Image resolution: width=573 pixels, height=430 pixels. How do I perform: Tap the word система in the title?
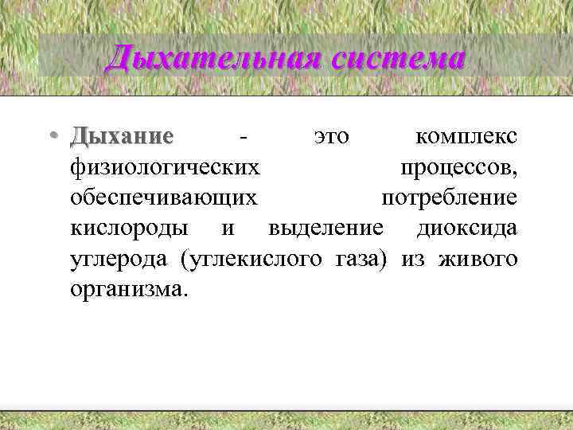click(390, 57)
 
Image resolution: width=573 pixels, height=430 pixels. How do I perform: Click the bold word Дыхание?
click(121, 137)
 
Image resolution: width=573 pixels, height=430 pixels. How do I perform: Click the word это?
click(331, 137)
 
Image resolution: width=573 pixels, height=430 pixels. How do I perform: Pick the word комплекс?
click(467, 137)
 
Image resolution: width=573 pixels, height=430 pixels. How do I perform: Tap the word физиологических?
click(165, 167)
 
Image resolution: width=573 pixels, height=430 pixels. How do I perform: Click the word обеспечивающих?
click(164, 197)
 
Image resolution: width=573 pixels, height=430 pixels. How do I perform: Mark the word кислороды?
click(130, 229)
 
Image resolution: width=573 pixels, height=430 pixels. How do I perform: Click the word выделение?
click(326, 229)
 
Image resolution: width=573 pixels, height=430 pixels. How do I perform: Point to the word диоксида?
click(466, 229)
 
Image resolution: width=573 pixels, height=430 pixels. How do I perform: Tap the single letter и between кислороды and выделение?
click(228, 229)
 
